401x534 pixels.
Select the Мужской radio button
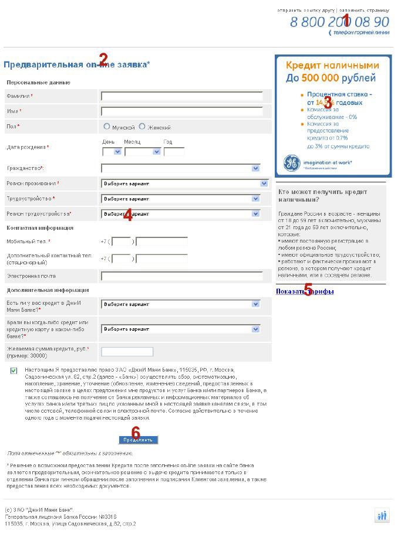107,127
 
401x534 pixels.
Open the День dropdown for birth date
112,151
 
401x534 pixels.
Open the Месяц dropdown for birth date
143,151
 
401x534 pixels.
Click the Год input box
174,151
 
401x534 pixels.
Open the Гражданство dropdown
181,168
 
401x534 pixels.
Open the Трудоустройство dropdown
181,199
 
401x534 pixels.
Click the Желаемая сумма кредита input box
127,352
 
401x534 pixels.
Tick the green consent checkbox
14,371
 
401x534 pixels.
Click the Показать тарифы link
305,291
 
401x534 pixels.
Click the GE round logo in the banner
292,164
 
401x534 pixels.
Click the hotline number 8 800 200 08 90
339,22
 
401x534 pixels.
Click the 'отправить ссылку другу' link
305,10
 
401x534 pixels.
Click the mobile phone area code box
122,242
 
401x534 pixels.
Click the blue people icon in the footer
382,516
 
